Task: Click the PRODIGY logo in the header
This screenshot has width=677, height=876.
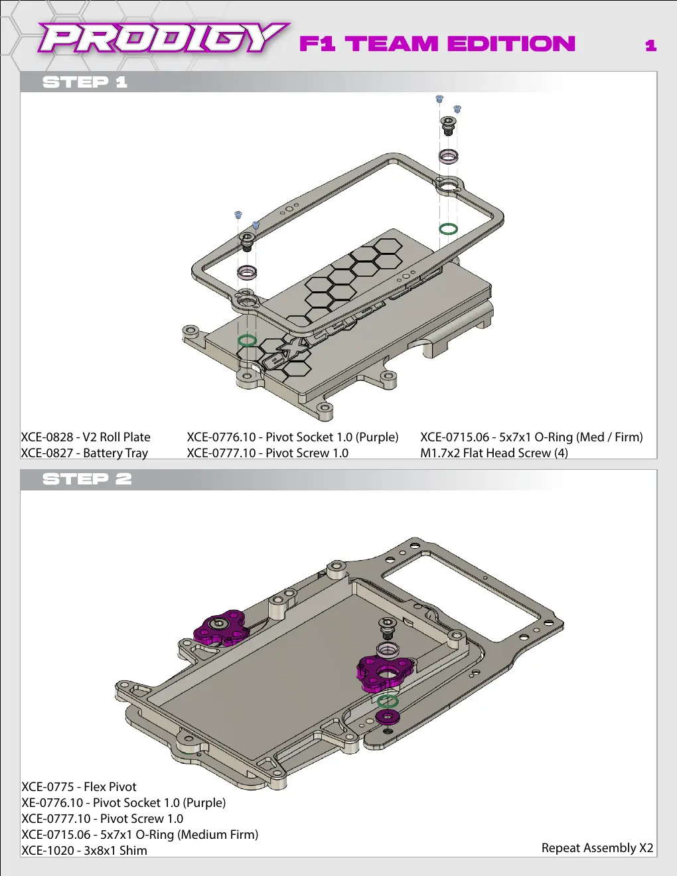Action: [163, 38]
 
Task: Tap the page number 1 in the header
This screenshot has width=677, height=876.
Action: [651, 45]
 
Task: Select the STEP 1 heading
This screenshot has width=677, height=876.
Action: [85, 82]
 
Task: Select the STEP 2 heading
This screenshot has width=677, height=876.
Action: [87, 479]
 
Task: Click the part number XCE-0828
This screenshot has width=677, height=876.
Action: [47, 437]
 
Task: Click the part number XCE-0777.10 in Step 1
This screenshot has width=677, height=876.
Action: [222, 453]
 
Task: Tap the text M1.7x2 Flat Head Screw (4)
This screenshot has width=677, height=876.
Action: [494, 453]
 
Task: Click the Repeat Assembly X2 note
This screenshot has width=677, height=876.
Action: [597, 847]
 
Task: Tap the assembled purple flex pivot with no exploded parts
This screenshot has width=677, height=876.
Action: [220, 628]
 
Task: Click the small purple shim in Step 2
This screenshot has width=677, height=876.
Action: [388, 716]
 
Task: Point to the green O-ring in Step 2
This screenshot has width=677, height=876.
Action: [388, 696]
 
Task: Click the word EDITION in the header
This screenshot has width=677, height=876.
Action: [511, 44]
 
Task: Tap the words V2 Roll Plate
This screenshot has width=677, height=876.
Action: [117, 437]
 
